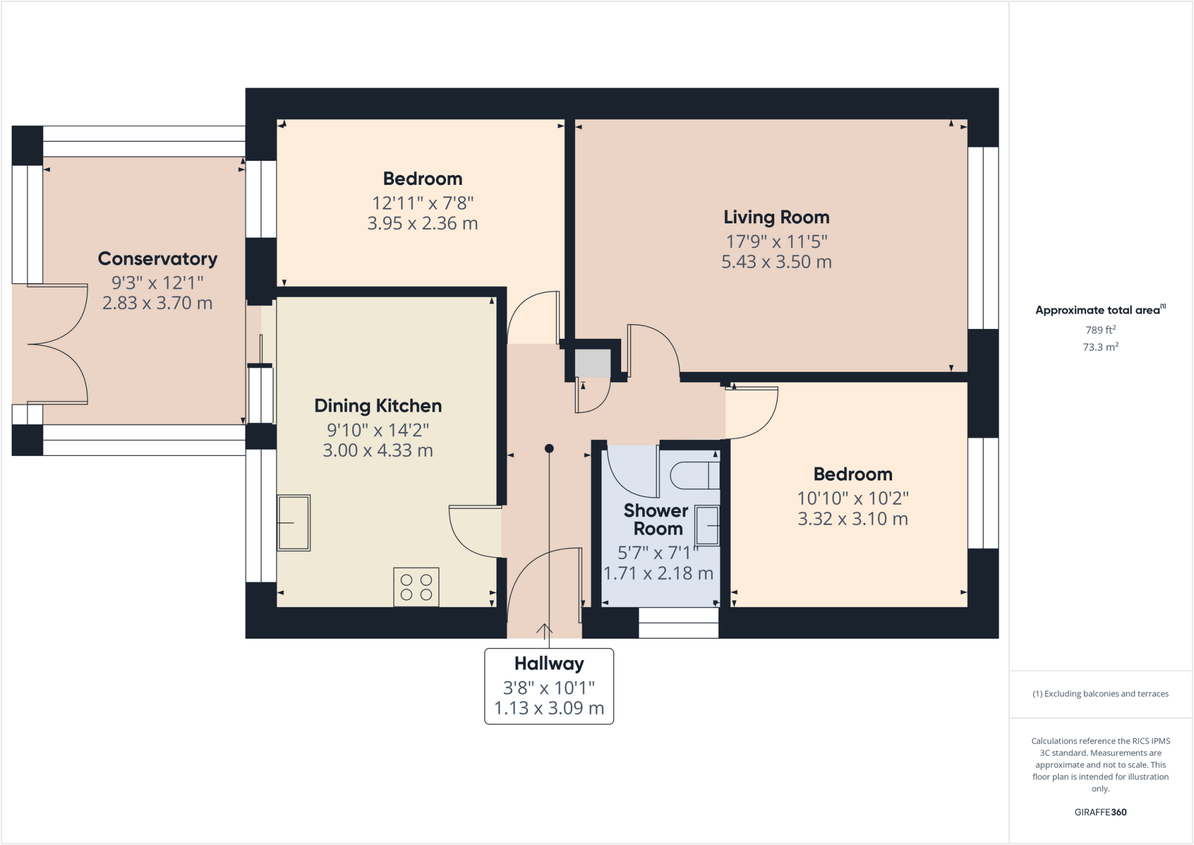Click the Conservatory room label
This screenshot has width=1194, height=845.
tap(157, 258)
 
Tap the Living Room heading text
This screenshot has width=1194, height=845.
tap(776, 217)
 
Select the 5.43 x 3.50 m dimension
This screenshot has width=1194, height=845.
tap(776, 262)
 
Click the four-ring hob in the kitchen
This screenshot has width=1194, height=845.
tap(416, 587)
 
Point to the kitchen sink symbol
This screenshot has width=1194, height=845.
tap(294, 523)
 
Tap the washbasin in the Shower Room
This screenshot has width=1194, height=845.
tap(707, 526)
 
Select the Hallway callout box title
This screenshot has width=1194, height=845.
tap(549, 664)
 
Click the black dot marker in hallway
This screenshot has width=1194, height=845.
tap(549, 448)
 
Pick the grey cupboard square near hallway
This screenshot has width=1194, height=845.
tap(592, 363)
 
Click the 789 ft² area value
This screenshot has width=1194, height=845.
tap(1100, 329)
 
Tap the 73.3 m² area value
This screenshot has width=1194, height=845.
tap(1100, 347)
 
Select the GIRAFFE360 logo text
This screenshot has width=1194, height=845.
tap(1100, 812)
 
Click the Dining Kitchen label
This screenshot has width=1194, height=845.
tap(378, 406)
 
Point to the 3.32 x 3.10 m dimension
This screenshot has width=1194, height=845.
tap(852, 519)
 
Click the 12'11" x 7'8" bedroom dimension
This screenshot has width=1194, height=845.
tap(423, 203)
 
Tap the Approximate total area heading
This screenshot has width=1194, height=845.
tap(1099, 310)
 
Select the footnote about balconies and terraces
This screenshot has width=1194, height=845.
tap(1100, 694)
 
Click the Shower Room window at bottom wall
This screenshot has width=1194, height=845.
tap(678, 623)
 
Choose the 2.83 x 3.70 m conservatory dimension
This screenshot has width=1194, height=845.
tap(157, 303)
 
